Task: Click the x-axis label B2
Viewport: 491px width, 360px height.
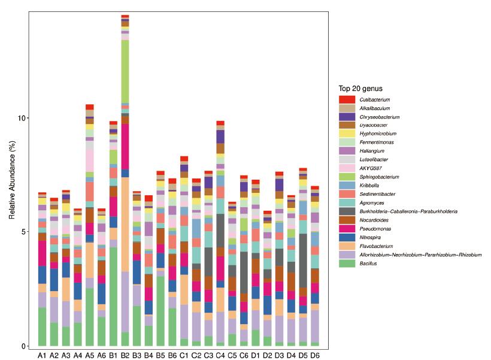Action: [x=125, y=355]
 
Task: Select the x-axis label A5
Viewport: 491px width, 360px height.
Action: [x=90, y=355]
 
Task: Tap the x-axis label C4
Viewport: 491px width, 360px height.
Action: [x=220, y=355]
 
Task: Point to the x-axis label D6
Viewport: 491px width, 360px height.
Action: [x=315, y=355]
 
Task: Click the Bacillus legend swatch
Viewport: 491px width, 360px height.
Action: [x=347, y=264]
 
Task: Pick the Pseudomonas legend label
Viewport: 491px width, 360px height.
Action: [x=372, y=229]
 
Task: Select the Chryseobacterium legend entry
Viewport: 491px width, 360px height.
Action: [x=379, y=117]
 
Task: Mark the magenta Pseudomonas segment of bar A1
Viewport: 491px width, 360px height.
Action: [x=42, y=253]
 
